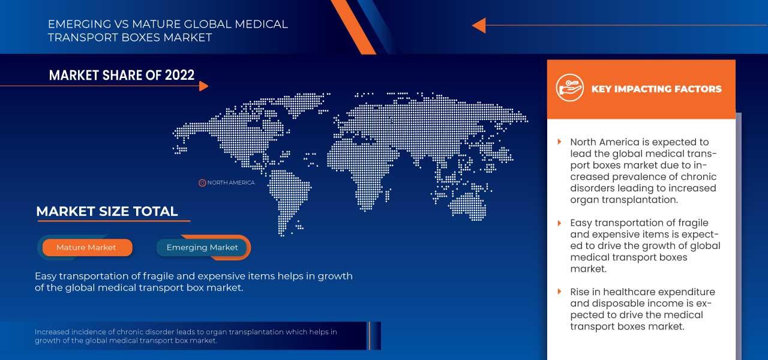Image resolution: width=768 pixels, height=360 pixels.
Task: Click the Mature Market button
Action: click(86, 247)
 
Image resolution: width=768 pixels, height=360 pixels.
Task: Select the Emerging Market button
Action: click(202, 247)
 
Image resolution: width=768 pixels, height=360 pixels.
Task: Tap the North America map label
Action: click(231, 182)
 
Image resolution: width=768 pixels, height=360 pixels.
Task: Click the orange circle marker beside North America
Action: click(202, 182)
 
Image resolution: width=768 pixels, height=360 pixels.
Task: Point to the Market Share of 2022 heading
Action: click(122, 75)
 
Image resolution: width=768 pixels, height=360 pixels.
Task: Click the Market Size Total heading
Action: click(107, 211)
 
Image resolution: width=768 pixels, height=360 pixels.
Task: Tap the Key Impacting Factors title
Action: click(656, 89)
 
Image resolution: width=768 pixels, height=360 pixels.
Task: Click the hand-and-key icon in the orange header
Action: click(569, 88)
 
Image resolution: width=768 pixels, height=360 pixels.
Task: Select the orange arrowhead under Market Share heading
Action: click(203, 86)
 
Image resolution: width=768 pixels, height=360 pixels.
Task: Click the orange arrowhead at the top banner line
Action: click(478, 25)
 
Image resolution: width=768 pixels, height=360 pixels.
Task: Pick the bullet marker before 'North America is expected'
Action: click(559, 142)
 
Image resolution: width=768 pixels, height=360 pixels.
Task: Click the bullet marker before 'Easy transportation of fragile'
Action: click(559, 223)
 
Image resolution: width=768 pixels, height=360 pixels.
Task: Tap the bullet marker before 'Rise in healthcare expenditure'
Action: click(559, 292)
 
